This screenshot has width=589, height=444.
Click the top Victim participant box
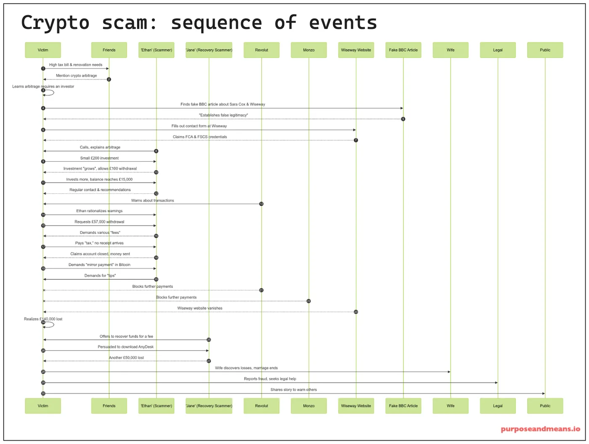43,50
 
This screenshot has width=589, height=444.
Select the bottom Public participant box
545,406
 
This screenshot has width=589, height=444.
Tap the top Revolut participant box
261,50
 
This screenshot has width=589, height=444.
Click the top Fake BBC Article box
403,50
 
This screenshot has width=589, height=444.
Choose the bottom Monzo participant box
308,406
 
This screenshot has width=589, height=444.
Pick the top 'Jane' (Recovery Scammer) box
209,50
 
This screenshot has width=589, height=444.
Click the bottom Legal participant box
498,406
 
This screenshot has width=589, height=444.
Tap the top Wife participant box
450,50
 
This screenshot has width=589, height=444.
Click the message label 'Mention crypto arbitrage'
77,76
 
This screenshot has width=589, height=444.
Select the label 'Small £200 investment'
99,158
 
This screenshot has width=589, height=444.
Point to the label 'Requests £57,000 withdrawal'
99,222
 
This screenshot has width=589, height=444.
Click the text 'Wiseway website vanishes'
200,308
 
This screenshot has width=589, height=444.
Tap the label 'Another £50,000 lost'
126,358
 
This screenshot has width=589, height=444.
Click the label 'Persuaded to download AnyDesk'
125,347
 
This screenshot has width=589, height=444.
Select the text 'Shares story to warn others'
294,390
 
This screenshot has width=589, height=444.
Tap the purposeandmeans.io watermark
540,429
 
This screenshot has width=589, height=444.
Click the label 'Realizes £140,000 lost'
43,319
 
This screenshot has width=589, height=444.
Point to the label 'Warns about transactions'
152,201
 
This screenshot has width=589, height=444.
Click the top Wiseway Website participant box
356,50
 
